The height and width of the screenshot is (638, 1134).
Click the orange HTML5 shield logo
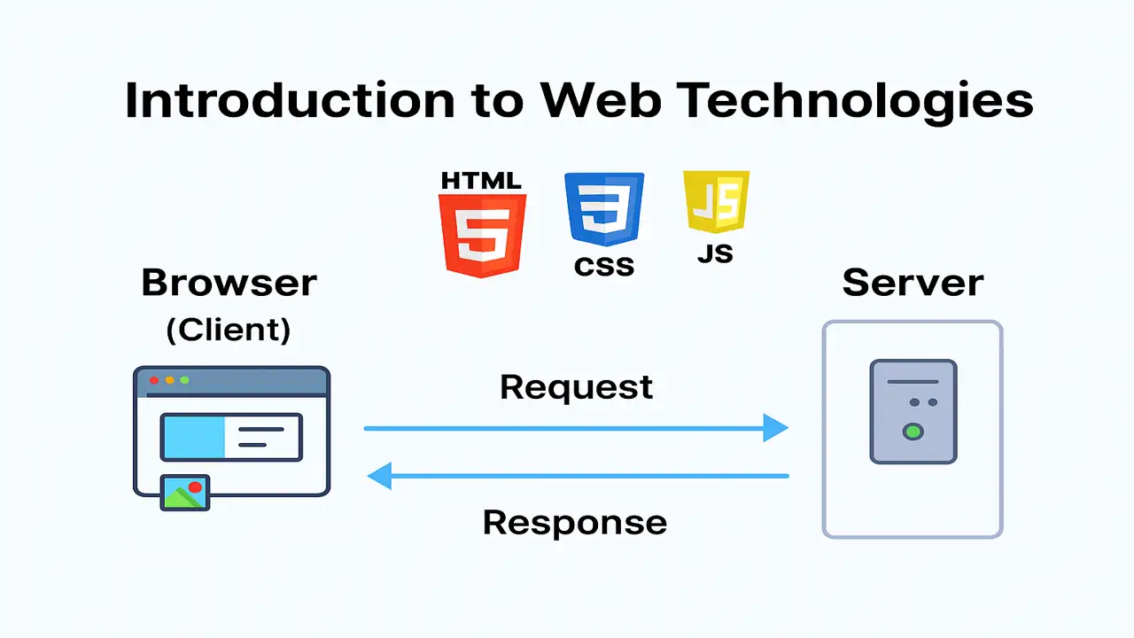(x=482, y=234)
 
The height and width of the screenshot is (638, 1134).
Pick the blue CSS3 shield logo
(x=604, y=209)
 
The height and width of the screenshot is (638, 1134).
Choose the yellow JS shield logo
(x=715, y=201)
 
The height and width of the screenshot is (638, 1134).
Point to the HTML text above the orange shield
(x=481, y=181)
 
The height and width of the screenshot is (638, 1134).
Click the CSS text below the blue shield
(x=604, y=266)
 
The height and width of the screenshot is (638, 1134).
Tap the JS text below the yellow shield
(x=715, y=253)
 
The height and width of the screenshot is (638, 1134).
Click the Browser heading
(x=229, y=284)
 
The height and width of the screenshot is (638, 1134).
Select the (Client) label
(x=229, y=331)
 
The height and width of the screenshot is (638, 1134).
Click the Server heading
(x=913, y=284)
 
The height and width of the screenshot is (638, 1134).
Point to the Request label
(x=577, y=387)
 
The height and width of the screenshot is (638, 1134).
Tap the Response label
(x=575, y=522)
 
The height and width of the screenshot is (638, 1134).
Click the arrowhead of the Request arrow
(x=776, y=428)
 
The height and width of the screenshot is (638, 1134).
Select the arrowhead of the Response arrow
(x=379, y=477)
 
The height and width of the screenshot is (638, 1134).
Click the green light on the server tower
(x=913, y=432)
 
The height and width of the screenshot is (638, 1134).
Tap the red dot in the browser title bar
(x=154, y=380)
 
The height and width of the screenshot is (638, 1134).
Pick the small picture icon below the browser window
(x=185, y=493)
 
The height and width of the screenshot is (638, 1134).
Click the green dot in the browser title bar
(x=185, y=380)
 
